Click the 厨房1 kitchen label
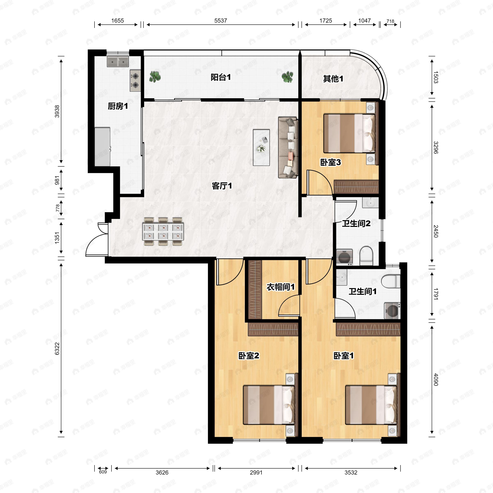pos(118,106)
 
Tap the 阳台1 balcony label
pos(221,77)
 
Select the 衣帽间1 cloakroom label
pos(281,287)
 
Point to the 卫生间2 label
pos(356,223)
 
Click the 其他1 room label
pos(333,79)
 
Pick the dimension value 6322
pos(57,349)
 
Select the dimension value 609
pos(103,472)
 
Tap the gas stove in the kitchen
pos(135,81)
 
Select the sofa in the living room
pos(288,147)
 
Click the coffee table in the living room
pos(261,147)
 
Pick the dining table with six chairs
pos(163,232)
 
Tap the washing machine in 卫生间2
pos(344,257)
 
